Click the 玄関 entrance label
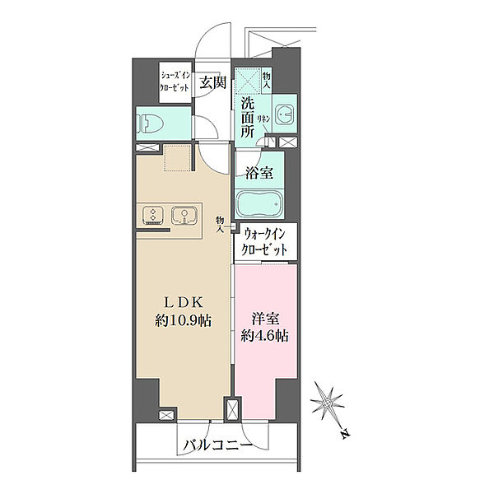point(213,82)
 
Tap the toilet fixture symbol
point(150,123)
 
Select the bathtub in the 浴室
point(259,204)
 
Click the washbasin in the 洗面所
point(284,114)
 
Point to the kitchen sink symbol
point(184,215)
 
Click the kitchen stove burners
point(153,215)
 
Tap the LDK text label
point(184,303)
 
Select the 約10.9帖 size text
point(183,321)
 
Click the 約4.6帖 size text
point(265,336)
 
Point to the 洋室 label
point(265,319)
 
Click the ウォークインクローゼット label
point(264,242)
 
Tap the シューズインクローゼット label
point(175,82)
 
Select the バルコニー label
point(218,445)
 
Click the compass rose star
point(328,403)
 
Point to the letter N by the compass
point(346,434)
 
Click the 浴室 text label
point(259,173)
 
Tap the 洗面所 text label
point(247,118)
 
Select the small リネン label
point(263,119)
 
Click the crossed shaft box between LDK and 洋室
point(232,410)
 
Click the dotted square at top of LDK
point(177,158)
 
